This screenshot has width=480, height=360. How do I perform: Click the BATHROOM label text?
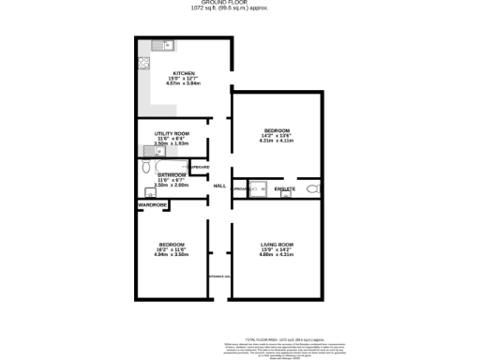(172, 175)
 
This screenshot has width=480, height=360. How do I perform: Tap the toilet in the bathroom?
(147, 167)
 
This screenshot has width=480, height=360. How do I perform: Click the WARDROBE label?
(152, 203)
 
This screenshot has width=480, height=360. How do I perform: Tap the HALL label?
(219, 186)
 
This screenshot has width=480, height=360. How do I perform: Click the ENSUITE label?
(285, 189)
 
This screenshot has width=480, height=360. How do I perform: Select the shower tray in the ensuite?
(258, 187)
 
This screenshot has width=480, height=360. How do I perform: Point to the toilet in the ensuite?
(313, 189)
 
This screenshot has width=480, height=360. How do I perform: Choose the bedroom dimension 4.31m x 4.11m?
(277, 141)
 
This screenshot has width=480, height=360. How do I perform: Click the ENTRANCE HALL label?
(218, 276)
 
